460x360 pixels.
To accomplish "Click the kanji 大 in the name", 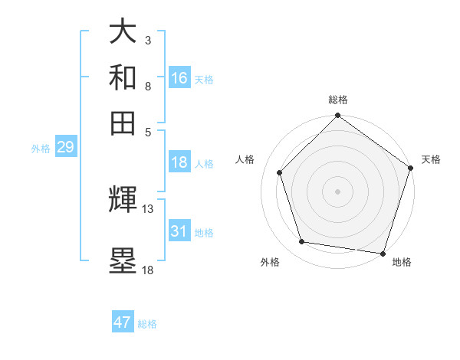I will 123,32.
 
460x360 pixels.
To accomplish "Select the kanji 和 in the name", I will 123,77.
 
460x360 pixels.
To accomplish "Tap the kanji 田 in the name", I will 123,122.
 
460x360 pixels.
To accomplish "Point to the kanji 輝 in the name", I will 123,201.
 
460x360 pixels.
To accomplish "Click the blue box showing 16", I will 179,78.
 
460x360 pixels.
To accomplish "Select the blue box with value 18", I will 179,162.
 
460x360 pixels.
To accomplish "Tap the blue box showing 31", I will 179,231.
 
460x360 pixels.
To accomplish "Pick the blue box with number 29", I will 65,147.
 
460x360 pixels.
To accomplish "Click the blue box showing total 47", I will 123,322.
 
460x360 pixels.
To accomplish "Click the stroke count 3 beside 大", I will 147,40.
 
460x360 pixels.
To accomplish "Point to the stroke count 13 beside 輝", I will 148,208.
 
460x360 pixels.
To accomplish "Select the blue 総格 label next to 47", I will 147,324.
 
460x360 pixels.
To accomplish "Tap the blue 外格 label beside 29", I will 41,149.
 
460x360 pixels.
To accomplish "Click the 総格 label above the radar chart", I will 338,100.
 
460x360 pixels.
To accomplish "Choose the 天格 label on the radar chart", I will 431,159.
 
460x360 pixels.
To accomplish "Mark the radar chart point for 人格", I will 280,172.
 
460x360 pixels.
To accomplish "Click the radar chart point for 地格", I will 383,253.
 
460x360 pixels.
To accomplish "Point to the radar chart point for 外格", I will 302,242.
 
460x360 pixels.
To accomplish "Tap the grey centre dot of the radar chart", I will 338,191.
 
